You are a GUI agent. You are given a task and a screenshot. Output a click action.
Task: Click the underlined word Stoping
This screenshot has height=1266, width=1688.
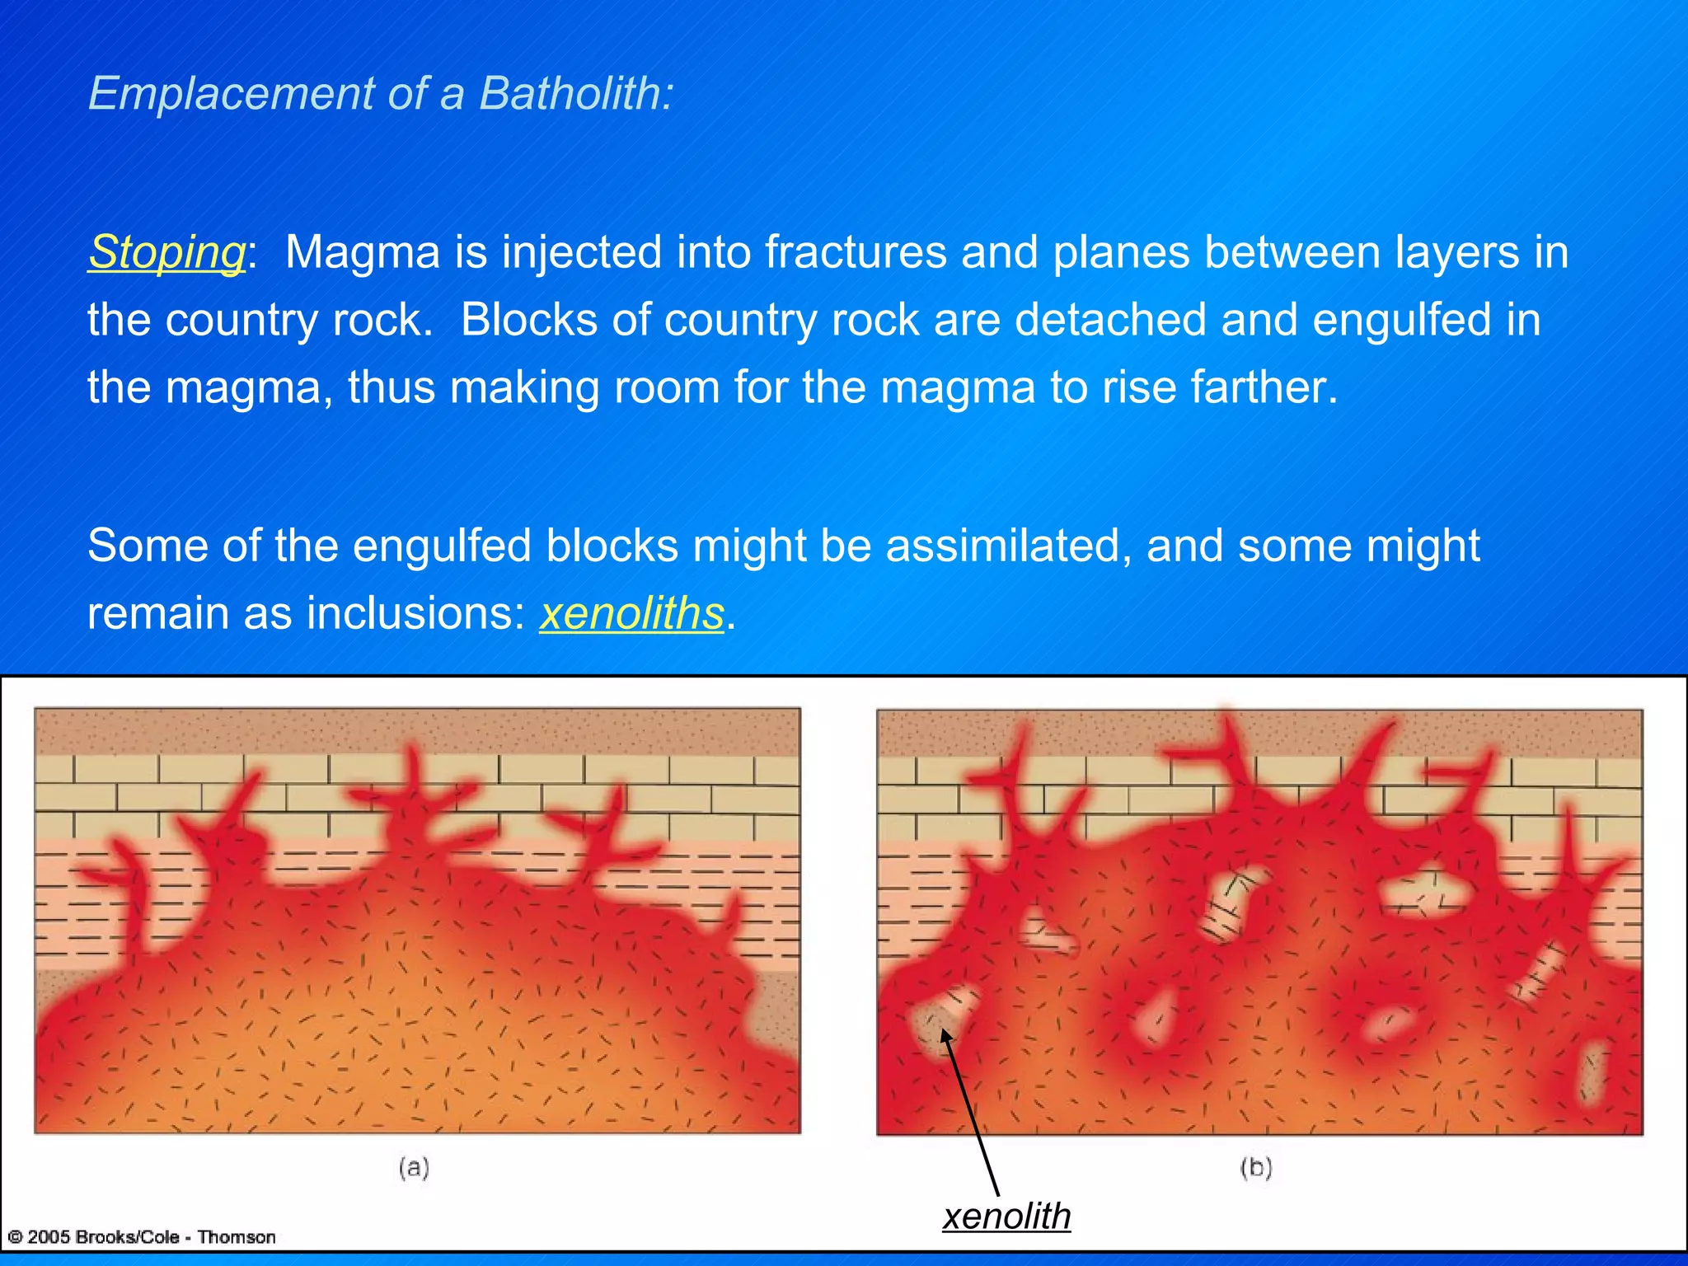[167, 252]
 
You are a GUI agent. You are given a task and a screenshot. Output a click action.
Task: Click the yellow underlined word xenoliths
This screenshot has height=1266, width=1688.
[631, 614]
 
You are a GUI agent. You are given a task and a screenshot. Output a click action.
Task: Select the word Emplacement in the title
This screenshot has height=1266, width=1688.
[231, 93]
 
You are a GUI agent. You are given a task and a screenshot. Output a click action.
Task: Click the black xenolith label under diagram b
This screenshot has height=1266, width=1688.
[1006, 1217]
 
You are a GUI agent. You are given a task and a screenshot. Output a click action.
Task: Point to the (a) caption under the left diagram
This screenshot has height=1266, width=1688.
[414, 1167]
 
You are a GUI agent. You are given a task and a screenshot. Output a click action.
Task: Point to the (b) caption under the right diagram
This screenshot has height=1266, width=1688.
[1256, 1167]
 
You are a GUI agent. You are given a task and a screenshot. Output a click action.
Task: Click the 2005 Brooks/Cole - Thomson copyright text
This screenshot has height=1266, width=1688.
[142, 1237]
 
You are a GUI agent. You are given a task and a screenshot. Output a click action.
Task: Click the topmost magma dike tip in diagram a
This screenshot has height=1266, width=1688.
[410, 754]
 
